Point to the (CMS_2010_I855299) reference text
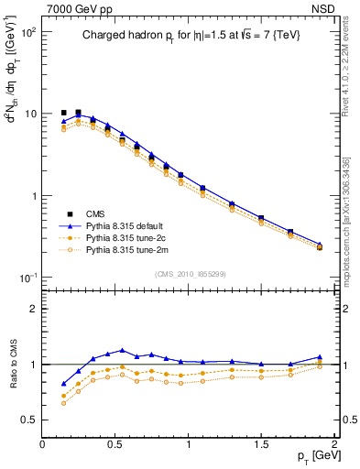[191, 272]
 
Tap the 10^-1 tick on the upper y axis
[27, 278]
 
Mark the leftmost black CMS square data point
[64, 113]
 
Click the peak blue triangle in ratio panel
[123, 350]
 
